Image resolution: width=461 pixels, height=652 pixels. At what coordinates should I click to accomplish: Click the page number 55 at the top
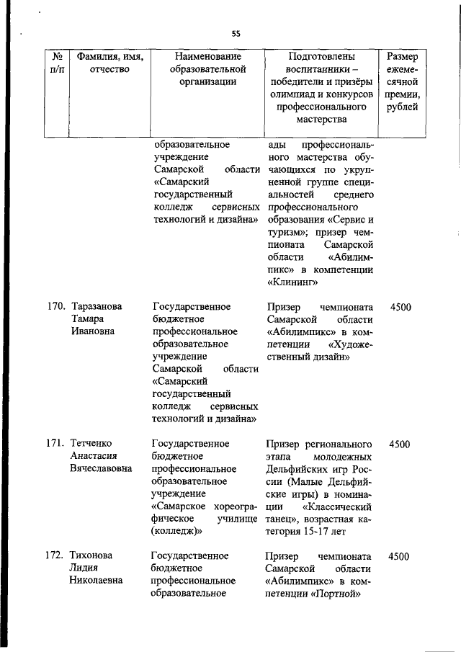(x=236, y=34)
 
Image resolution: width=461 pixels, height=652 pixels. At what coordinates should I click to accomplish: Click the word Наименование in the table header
(x=208, y=55)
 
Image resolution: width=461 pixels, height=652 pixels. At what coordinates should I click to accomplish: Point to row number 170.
(x=56, y=306)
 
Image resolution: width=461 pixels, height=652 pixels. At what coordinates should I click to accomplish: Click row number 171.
(x=56, y=443)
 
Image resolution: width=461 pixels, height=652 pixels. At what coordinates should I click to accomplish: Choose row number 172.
(x=56, y=556)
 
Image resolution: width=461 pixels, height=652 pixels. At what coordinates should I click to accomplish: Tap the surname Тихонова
(x=91, y=556)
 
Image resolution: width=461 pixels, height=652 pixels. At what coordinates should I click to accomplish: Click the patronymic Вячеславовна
(x=101, y=468)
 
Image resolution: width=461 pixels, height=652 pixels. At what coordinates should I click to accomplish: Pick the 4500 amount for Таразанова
(x=400, y=306)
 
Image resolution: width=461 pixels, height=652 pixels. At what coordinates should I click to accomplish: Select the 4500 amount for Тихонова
(x=400, y=556)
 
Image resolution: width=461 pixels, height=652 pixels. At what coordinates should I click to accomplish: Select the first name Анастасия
(x=94, y=455)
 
